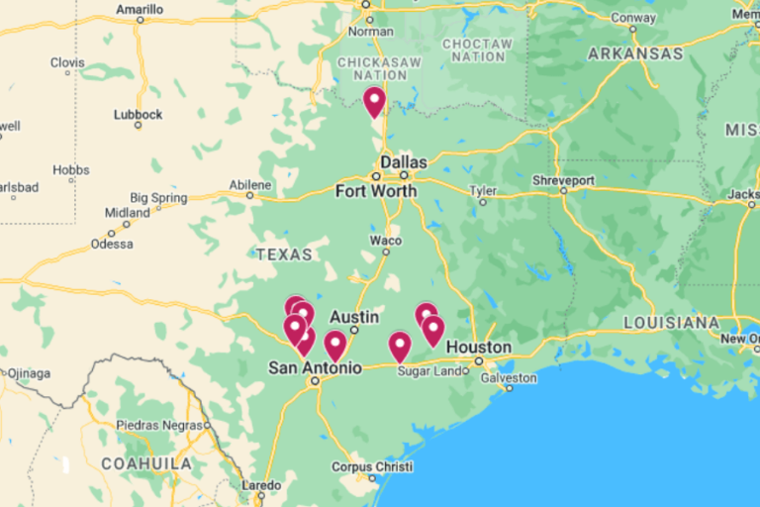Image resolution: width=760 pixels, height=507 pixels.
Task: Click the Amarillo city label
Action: tap(140, 9)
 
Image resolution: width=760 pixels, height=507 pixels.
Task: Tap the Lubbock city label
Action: tap(138, 115)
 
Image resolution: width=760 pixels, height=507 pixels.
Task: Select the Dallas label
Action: tap(404, 162)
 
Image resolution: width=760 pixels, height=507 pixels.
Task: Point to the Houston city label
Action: tap(479, 348)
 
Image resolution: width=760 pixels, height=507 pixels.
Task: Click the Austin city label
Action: tap(354, 317)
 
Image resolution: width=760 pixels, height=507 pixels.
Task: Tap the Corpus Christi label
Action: tap(372, 466)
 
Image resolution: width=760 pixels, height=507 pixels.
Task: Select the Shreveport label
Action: tap(563, 180)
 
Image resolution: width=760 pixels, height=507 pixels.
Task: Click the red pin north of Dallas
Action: tap(374, 101)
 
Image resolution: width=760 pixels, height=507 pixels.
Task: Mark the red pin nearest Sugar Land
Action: tap(399, 346)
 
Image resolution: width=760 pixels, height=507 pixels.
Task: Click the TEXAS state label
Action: tap(284, 254)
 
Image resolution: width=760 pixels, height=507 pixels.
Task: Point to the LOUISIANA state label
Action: tap(672, 323)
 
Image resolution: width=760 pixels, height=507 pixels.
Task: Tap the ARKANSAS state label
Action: tap(635, 53)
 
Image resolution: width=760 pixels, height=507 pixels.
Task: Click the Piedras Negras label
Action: tap(150, 425)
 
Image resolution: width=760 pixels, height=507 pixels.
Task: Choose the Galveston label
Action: tap(509, 377)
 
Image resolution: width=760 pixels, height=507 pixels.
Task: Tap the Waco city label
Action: tap(386, 241)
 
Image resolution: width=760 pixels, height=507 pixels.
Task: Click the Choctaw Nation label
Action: tap(478, 51)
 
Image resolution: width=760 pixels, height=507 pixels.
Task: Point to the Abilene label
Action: tap(249, 185)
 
